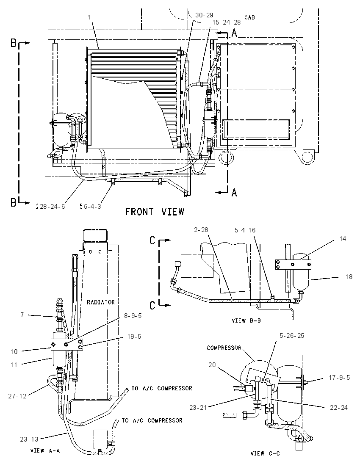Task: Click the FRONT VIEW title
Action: click(x=155, y=212)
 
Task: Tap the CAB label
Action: click(x=249, y=17)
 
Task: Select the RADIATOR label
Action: click(x=101, y=302)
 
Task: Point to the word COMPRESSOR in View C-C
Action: click(x=224, y=348)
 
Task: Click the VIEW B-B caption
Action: click(x=246, y=320)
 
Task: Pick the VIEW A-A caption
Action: click(x=45, y=451)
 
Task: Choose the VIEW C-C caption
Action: click(x=265, y=453)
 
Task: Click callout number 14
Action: click(x=343, y=238)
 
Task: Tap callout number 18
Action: click(x=349, y=277)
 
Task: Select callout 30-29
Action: click(x=205, y=15)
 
